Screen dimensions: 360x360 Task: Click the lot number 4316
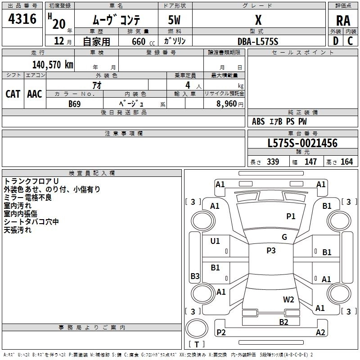click(22, 19)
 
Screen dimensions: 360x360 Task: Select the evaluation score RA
click(343, 21)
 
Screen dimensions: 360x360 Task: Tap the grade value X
click(258, 20)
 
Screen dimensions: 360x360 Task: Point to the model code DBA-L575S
click(258, 41)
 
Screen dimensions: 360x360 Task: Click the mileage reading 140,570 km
click(53, 65)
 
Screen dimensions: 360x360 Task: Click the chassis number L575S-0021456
click(302, 144)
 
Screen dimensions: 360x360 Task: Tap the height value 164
click(346, 162)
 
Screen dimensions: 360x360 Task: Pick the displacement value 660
click(138, 42)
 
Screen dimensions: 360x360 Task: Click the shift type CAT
click(13, 94)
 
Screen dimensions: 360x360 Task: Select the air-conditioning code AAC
click(35, 94)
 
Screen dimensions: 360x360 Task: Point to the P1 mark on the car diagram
click(291, 216)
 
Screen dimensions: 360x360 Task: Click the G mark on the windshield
click(284, 237)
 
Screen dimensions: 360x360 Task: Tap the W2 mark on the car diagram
click(288, 300)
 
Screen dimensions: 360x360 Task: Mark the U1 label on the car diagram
click(215, 241)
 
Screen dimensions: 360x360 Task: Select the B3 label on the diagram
click(195, 276)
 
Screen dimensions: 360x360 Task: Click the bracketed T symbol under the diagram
click(197, 345)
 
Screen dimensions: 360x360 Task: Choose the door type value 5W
click(175, 20)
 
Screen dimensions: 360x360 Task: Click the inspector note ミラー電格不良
click(27, 198)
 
